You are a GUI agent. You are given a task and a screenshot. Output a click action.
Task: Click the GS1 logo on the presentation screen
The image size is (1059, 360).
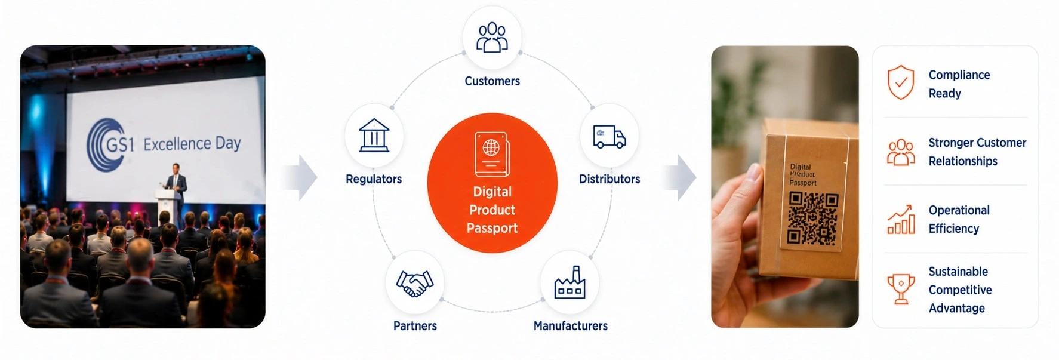click(x=110, y=144)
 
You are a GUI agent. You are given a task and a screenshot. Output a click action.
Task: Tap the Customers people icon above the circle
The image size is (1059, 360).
click(x=492, y=38)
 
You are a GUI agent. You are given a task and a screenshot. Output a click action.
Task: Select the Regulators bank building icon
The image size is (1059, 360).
click(x=374, y=135)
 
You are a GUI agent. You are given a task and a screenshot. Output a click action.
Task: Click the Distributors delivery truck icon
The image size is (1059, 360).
click(x=609, y=137)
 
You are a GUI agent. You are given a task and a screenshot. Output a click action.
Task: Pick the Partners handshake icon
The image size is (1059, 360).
click(x=415, y=284)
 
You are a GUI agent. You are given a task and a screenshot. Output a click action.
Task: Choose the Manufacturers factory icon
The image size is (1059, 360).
click(x=569, y=282)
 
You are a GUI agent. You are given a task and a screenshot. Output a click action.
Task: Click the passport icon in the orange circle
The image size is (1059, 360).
click(x=492, y=154)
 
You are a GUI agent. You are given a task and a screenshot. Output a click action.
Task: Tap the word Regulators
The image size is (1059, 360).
click(x=374, y=179)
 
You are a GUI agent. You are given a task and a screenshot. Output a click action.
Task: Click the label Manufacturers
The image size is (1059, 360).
click(x=571, y=326)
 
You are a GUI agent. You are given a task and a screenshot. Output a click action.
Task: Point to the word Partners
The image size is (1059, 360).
click(x=415, y=326)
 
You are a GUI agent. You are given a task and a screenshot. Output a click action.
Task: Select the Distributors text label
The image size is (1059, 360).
click(x=609, y=179)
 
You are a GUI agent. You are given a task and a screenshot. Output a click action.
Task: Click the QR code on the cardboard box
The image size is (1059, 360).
click(x=813, y=219)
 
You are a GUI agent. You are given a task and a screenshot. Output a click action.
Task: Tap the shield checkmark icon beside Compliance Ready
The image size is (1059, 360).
click(x=901, y=82)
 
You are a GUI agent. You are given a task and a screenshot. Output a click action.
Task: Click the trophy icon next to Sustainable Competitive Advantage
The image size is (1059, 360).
click(x=901, y=289)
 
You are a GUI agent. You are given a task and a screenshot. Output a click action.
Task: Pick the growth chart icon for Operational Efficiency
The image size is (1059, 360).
click(x=901, y=220)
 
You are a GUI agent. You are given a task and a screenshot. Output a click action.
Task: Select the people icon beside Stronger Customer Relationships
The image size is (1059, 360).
click(x=901, y=152)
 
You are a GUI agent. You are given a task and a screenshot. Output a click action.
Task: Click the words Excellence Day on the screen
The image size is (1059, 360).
click(x=192, y=144)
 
